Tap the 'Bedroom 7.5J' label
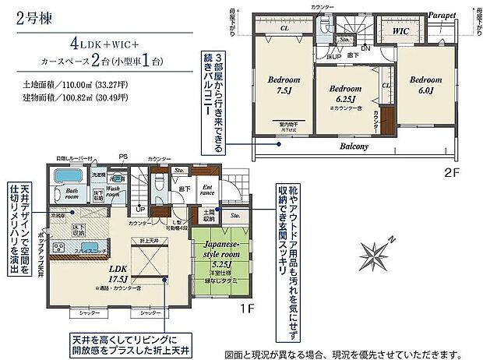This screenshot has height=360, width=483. (x=280, y=84)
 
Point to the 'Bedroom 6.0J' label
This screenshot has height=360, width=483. (x=425, y=84)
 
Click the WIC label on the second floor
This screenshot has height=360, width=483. (x=400, y=32)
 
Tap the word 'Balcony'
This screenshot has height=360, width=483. (x=354, y=146)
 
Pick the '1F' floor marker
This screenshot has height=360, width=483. (x=246, y=310)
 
